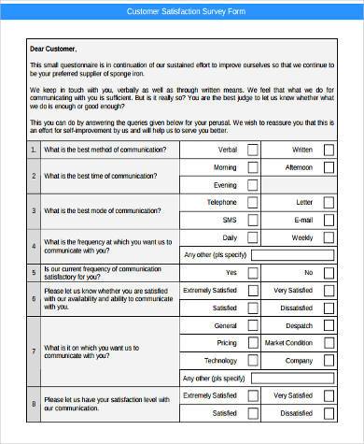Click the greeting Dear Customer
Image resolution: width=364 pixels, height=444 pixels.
(53, 48)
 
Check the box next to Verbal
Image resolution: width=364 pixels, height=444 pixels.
(252, 150)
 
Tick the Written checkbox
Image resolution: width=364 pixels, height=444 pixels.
(329, 150)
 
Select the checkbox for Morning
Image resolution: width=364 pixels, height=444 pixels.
(252, 167)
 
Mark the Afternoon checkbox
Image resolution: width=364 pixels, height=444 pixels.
(329, 167)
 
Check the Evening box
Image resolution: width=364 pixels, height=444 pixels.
(252, 185)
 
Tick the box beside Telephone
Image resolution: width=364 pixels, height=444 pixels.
(252, 202)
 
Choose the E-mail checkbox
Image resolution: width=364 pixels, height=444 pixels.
(329, 220)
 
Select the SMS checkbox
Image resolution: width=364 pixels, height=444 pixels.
(252, 220)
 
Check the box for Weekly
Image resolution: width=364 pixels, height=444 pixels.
(329, 237)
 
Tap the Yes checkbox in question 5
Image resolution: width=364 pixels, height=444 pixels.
(252, 273)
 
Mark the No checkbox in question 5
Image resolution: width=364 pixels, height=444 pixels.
(329, 273)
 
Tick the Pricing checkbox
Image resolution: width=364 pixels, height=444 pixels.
(252, 343)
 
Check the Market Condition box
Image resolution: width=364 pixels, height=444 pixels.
(329, 343)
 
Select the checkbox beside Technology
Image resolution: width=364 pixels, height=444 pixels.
(252, 361)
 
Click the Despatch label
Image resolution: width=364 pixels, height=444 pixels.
(299, 326)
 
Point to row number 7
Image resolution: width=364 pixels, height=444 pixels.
(35, 352)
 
